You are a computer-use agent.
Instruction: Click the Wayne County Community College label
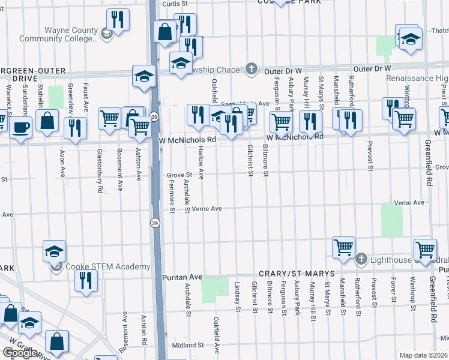click(x=58, y=34)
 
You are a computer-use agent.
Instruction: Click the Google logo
click(x=19, y=353)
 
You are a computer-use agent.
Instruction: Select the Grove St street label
click(x=179, y=175)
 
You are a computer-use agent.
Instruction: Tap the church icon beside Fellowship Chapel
click(x=252, y=69)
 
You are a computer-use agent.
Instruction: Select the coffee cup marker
click(x=20, y=128)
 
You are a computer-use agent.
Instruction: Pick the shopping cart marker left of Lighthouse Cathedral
click(x=343, y=246)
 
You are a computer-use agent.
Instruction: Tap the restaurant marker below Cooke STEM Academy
click(x=86, y=280)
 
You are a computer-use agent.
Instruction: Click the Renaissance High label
click(x=417, y=79)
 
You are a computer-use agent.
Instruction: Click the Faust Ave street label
click(x=86, y=98)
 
